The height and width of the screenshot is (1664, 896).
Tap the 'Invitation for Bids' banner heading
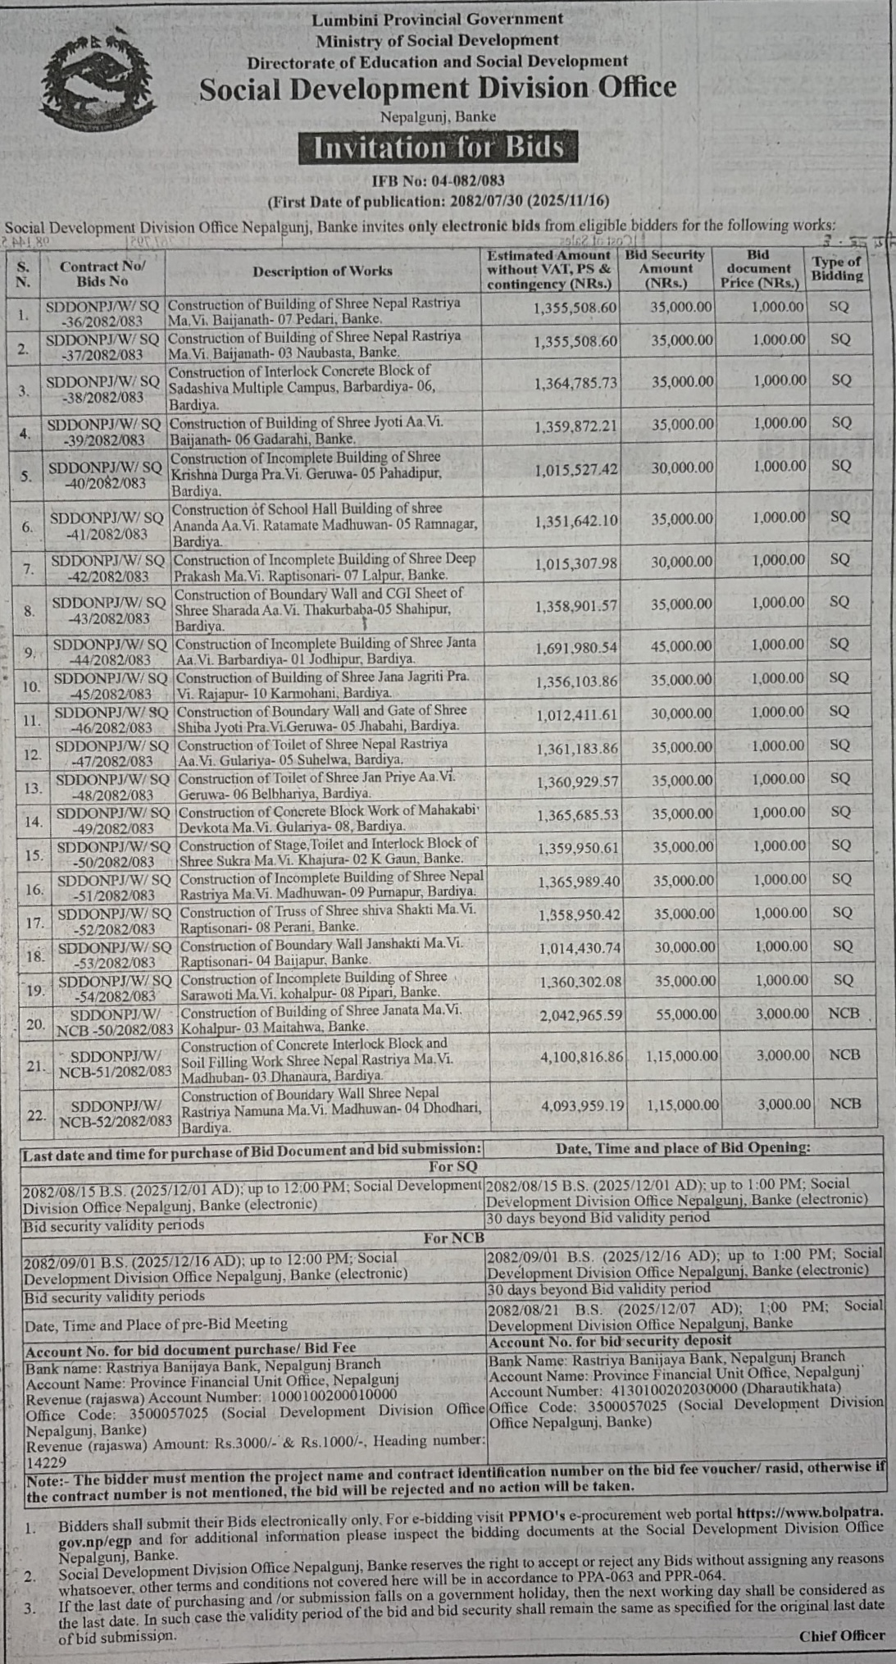(439, 148)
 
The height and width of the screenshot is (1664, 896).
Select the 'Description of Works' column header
(322, 271)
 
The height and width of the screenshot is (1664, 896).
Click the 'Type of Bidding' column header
(837, 269)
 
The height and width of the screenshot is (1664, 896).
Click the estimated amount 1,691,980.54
(577, 647)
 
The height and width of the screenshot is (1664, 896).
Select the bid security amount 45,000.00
(683, 646)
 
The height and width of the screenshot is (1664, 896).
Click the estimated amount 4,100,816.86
(581, 1056)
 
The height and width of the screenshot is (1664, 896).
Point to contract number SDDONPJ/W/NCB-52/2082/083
(116, 1113)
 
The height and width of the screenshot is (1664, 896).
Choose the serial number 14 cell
(34, 822)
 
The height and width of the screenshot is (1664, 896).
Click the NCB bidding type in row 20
(844, 1014)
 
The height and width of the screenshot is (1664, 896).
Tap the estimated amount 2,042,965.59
(580, 1015)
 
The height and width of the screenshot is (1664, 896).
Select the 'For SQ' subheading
(453, 1166)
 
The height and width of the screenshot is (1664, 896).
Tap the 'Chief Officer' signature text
(842, 1635)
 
